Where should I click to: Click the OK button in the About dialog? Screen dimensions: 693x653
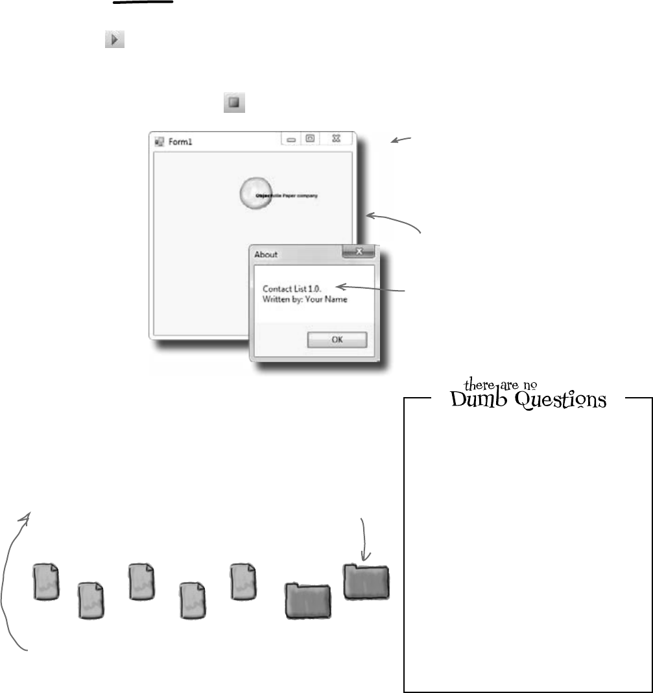point(337,340)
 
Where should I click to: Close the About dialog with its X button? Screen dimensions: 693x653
point(358,251)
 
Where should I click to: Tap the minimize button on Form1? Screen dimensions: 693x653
point(291,139)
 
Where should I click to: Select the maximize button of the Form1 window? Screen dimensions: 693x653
point(310,138)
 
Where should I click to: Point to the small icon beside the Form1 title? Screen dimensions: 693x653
point(158,140)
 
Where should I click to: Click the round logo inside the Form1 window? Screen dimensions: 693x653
point(254,193)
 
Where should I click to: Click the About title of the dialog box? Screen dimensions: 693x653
point(266,255)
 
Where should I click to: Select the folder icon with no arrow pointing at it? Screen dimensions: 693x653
point(309,601)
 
